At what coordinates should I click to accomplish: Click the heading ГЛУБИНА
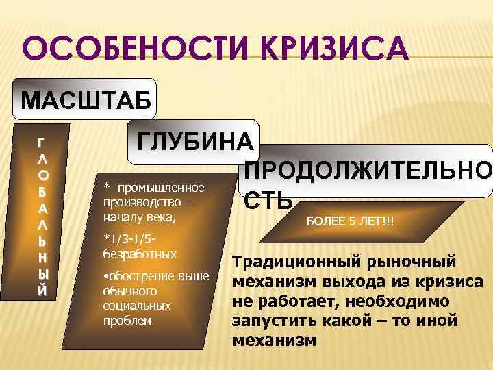coord(196,143)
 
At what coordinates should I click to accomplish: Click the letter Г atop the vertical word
coord(42,143)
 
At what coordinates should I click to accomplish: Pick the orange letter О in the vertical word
coord(42,174)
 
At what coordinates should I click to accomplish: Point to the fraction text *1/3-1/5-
coord(131,238)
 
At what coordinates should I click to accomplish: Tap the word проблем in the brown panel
coord(127,319)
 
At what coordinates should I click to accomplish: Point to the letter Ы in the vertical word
coord(42,273)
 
